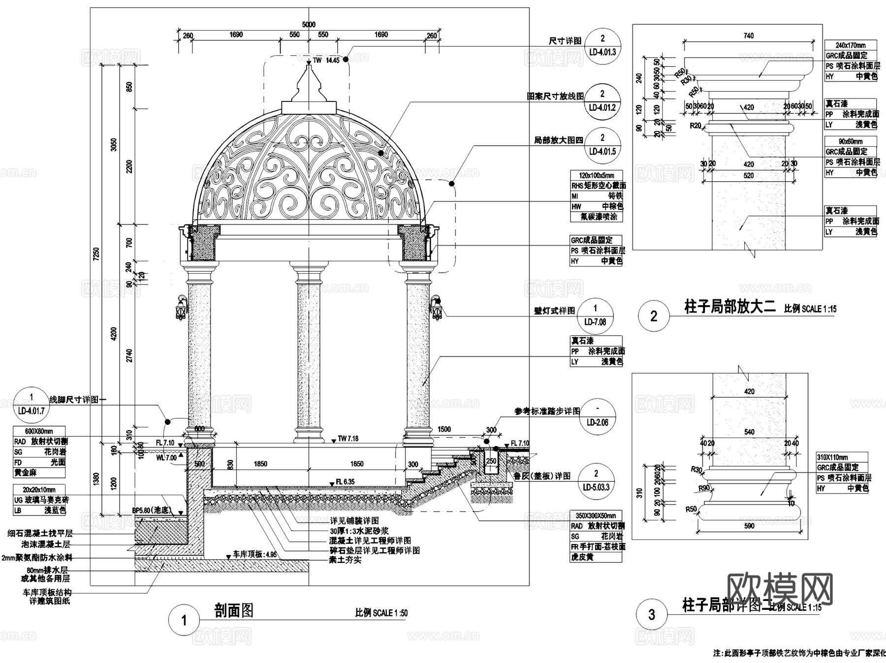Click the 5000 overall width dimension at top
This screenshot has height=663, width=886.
[309, 25]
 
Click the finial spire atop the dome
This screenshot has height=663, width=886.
[309, 86]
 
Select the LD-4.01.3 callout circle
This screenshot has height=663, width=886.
[602, 45]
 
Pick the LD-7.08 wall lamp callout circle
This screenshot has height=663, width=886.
[595, 315]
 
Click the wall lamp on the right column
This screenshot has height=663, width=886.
[436, 309]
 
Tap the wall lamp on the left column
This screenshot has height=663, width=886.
[181, 309]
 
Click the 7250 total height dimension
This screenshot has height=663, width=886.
[96, 253]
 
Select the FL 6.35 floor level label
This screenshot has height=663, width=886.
[345, 482]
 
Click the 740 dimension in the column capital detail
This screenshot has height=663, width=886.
[748, 35]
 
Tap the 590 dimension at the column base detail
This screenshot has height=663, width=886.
[749, 526]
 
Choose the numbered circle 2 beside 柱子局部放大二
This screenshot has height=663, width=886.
[654, 316]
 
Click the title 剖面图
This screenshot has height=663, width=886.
[234, 611]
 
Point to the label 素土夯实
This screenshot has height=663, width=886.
[345, 560]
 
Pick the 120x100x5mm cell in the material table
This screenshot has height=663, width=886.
[596, 175]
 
